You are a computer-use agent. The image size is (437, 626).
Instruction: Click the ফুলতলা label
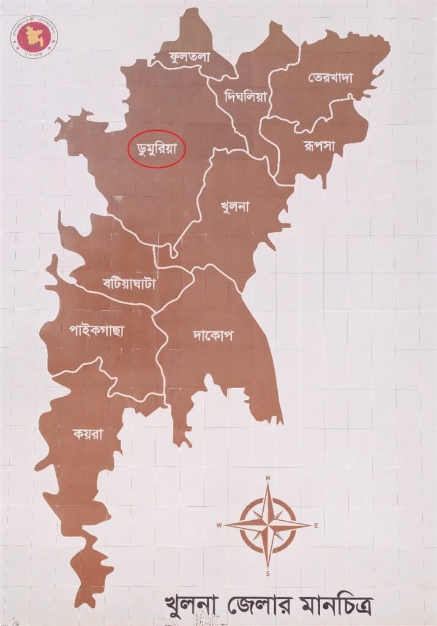190,57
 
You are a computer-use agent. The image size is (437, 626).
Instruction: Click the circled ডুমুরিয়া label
156,148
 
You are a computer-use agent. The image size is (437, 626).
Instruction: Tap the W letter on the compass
219,525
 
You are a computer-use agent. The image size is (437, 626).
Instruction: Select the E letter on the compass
316,525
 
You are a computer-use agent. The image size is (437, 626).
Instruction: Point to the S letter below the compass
267,574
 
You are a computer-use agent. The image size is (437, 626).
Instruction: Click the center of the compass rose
267,525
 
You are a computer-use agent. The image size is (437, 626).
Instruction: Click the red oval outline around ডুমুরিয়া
129,149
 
